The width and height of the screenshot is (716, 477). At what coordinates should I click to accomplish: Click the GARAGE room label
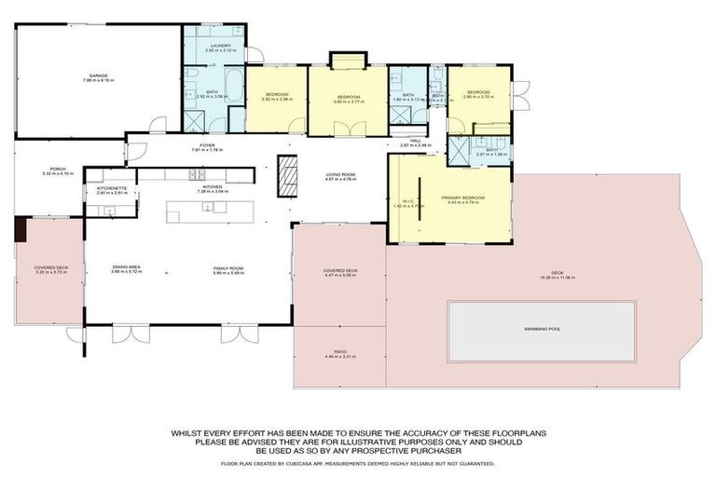pos(98,75)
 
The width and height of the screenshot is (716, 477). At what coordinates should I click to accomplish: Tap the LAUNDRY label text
pos(221,45)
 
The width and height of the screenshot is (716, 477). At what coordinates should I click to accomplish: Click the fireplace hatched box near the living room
pos(290,175)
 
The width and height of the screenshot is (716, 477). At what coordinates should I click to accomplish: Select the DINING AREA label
pos(125,267)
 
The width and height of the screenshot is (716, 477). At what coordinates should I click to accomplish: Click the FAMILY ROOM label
pos(227,267)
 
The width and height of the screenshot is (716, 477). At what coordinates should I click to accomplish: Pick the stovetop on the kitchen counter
pos(198,174)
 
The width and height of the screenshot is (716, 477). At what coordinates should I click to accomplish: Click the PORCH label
pos(51,170)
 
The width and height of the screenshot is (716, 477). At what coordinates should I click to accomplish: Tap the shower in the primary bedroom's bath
pos(458,153)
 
